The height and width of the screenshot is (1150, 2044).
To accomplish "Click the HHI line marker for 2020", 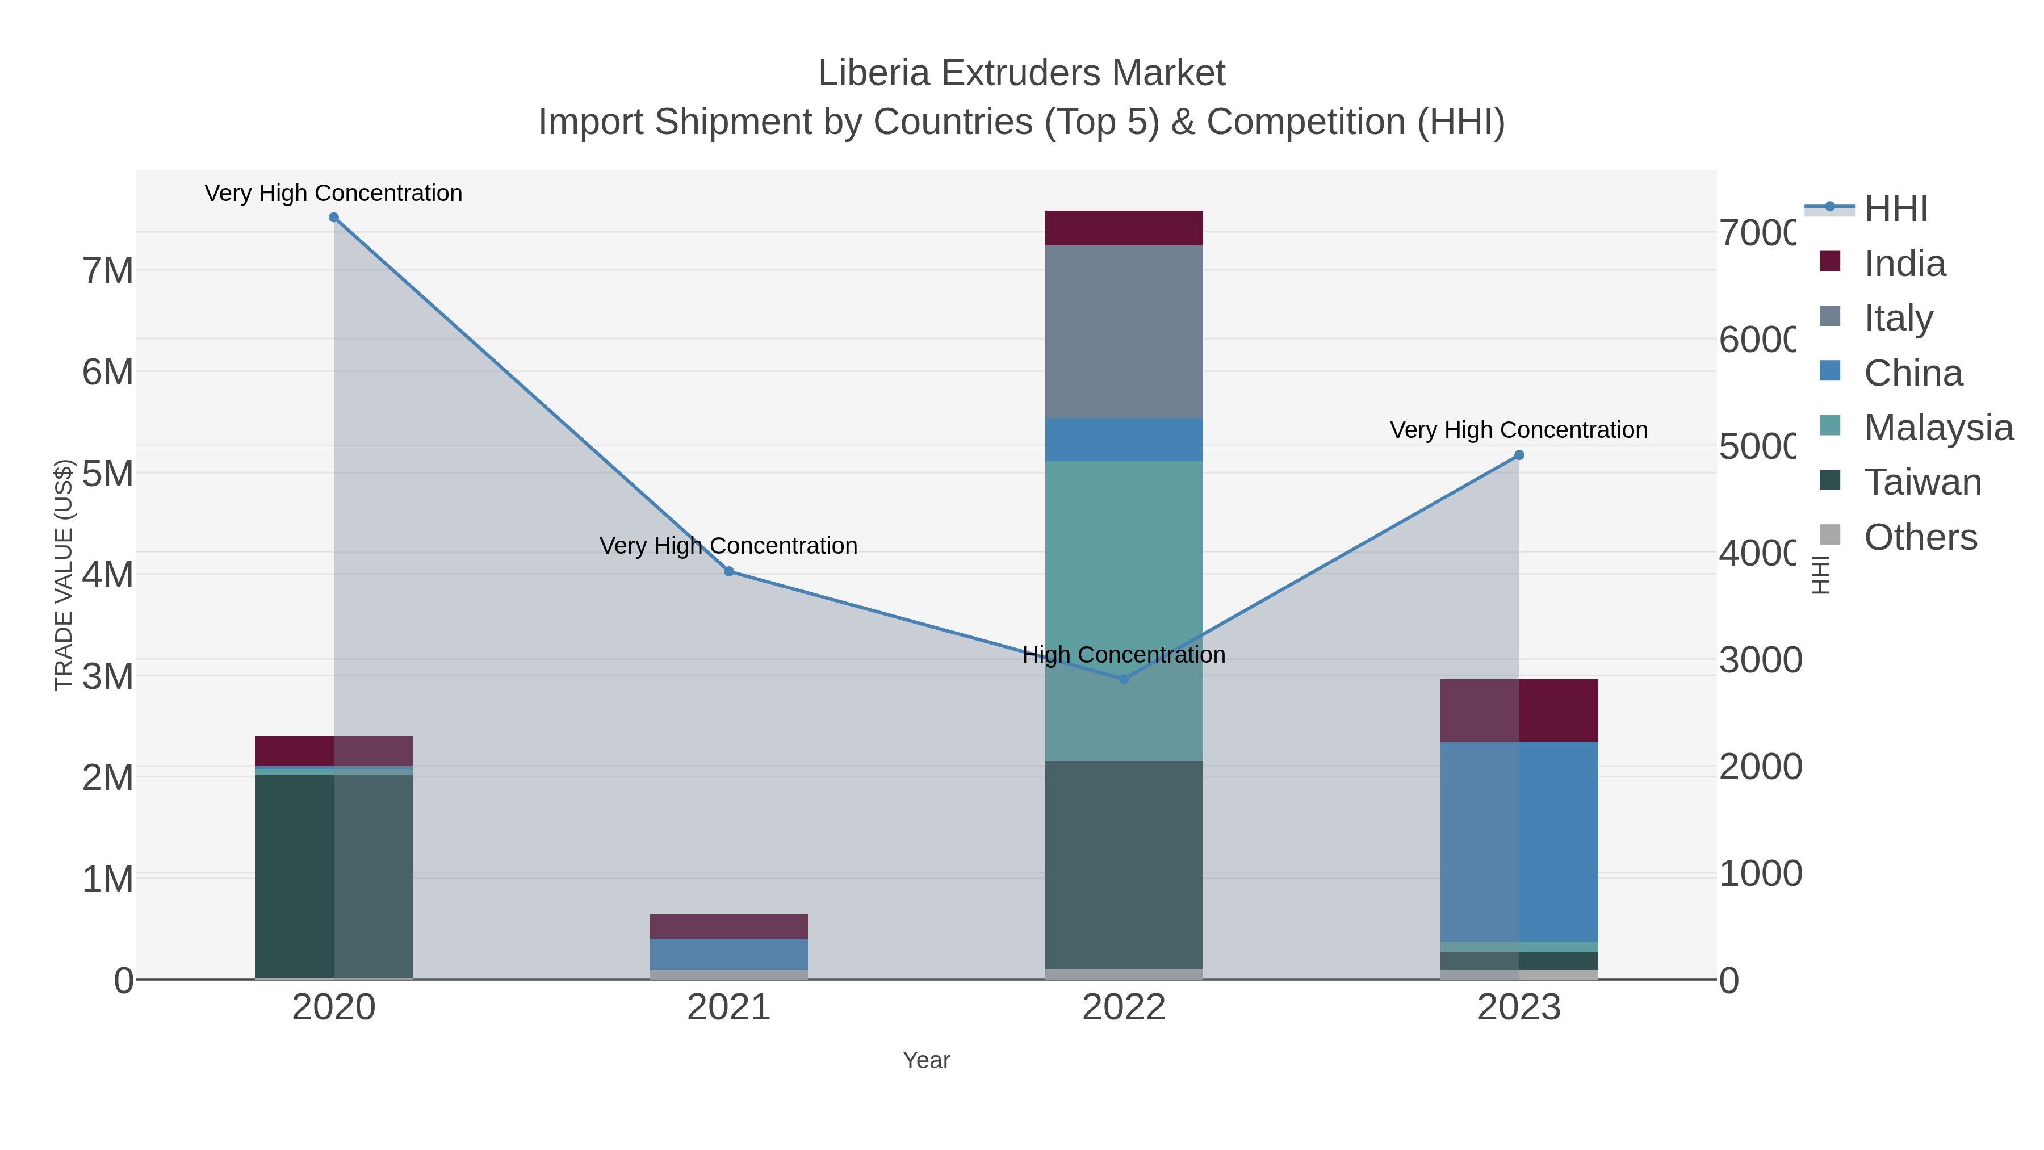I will [x=333, y=218].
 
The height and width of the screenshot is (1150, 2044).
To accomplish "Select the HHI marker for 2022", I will [x=1124, y=679].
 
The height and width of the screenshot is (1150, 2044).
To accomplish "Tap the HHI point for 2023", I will [x=1519, y=455].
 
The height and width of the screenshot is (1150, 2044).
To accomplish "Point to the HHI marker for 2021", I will [x=728, y=571].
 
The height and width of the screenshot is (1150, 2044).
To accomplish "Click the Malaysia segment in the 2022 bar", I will [x=1124, y=611].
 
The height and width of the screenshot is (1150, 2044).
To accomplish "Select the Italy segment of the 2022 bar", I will [x=1124, y=332].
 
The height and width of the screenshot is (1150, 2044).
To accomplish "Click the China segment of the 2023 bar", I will [x=1519, y=841].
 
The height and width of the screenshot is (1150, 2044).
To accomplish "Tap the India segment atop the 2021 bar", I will [x=728, y=926].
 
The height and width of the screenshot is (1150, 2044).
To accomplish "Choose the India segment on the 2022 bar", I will [x=1124, y=228].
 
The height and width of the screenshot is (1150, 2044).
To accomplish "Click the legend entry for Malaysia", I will [x=1938, y=428].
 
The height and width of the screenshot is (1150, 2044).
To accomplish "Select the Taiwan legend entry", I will [x=1922, y=483].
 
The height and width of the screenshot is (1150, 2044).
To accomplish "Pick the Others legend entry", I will [x=1920, y=537].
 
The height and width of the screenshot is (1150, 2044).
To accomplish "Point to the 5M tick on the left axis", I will [x=108, y=474].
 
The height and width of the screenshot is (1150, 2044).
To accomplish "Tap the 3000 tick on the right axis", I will [x=1760, y=660].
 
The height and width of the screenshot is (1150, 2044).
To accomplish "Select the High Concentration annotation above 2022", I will [x=1124, y=655].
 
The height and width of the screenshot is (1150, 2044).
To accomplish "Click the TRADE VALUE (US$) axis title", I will [x=64, y=575].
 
